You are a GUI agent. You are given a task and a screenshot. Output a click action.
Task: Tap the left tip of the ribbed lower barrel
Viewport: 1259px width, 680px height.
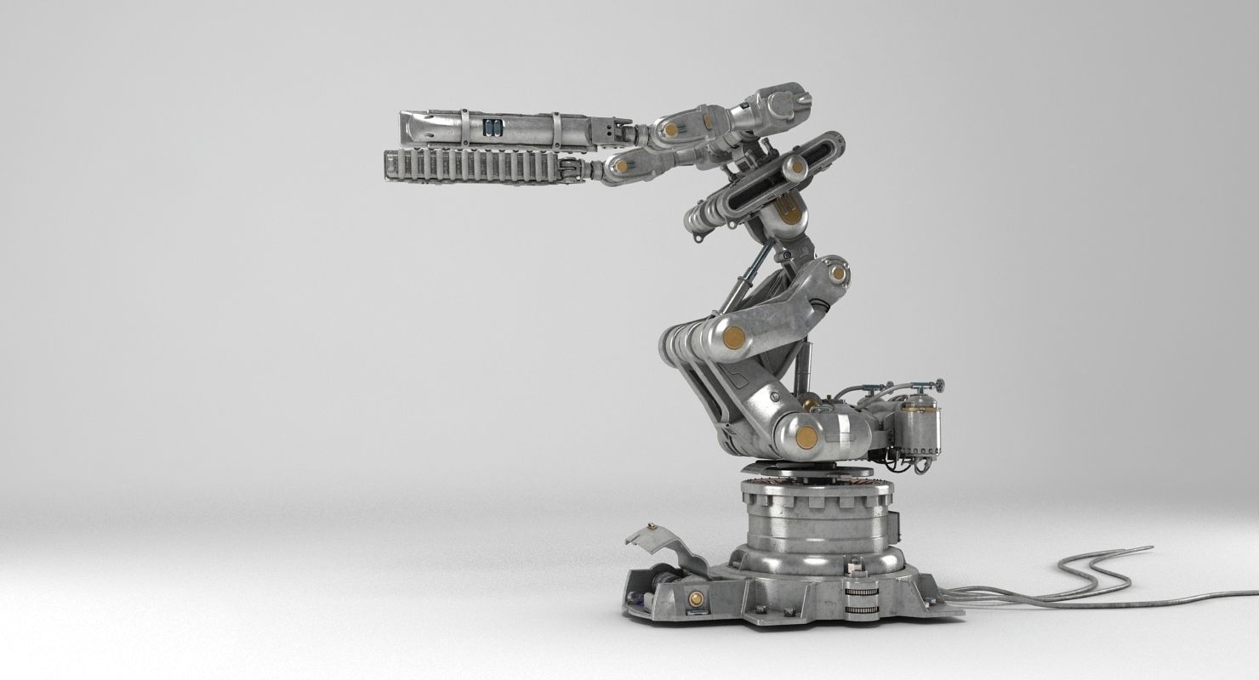[389, 165]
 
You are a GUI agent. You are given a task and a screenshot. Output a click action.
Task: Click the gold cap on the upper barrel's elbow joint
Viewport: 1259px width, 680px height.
[671, 130]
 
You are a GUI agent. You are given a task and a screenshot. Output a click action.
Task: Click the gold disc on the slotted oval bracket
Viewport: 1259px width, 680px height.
[796, 167]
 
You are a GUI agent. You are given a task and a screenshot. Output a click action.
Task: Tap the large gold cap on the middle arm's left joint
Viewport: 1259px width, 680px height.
[733, 337]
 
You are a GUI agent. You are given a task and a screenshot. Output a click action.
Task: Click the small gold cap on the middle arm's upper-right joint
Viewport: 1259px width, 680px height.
[838, 273]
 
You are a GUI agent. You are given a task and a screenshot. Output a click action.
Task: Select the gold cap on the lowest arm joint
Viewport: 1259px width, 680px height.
[806, 438]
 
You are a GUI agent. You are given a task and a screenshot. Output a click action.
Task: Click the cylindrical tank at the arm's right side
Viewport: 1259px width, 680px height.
[919, 428]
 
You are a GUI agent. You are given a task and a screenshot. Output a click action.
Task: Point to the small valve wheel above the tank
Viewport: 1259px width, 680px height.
[938, 386]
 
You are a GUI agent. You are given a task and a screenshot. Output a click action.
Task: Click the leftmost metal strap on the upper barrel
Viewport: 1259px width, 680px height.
[464, 128]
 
